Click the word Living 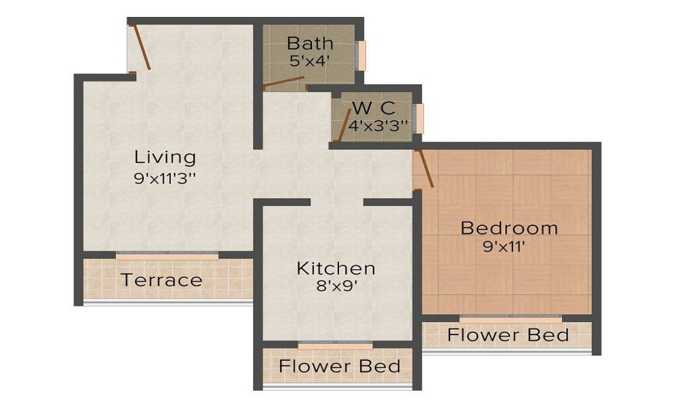(165, 157)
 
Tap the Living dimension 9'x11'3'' (165, 179)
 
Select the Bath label (310, 43)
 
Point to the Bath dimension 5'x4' (309, 60)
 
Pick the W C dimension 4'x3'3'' (378, 125)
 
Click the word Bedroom (509, 228)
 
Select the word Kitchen (336, 268)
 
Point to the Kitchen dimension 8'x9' (336, 286)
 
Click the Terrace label (161, 279)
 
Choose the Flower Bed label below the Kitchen (340, 366)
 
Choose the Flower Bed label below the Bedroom (508, 335)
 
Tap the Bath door (283, 83)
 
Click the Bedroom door (424, 168)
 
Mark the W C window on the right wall (420, 119)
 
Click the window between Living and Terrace (167, 256)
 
